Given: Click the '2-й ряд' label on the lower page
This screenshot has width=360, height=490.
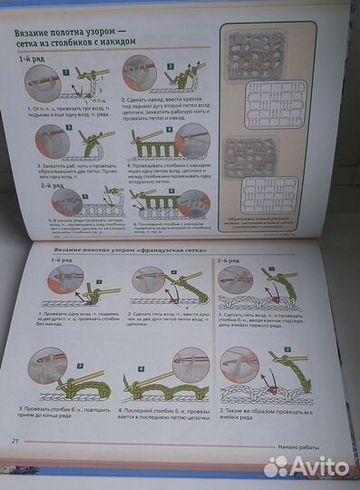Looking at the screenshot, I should (x=229, y=260).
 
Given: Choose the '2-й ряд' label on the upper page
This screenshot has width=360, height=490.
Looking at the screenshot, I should (x=53, y=185).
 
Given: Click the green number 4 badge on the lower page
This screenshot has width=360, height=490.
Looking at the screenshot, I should (x=141, y=369).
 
